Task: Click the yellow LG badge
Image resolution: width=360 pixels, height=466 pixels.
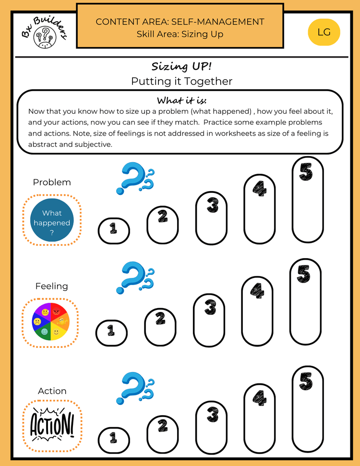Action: pyautogui.click(x=324, y=32)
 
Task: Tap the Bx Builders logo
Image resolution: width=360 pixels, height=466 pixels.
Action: pyautogui.click(x=45, y=33)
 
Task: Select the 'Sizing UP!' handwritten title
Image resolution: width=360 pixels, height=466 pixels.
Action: pyautogui.click(x=181, y=66)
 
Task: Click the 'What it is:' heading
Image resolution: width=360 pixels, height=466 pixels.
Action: pyautogui.click(x=181, y=100)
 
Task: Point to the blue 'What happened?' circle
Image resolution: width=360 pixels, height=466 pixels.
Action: pyautogui.click(x=52, y=220)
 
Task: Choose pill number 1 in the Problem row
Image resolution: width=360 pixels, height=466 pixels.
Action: pyautogui.click(x=114, y=231)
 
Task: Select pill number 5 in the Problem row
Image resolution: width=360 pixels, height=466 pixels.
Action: pyautogui.click(x=308, y=200)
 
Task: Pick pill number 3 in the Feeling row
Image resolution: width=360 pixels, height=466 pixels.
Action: pyautogui.click(x=209, y=321)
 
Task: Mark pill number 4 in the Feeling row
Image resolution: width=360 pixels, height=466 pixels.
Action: pyautogui.click(x=257, y=311)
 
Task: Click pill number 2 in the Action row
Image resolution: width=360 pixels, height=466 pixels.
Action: pyautogui.click(x=163, y=434)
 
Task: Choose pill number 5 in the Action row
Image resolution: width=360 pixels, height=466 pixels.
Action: pyautogui.click(x=308, y=409)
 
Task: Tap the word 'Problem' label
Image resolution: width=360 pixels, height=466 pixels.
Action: pyautogui.click(x=52, y=182)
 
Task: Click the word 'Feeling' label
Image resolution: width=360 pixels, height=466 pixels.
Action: pyautogui.click(x=52, y=286)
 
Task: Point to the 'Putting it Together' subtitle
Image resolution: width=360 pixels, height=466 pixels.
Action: pyautogui.click(x=181, y=81)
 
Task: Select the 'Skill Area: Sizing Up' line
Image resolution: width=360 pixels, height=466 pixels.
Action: pyautogui.click(x=180, y=34)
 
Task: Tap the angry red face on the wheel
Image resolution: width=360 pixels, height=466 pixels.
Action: pyautogui.click(x=56, y=312)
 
